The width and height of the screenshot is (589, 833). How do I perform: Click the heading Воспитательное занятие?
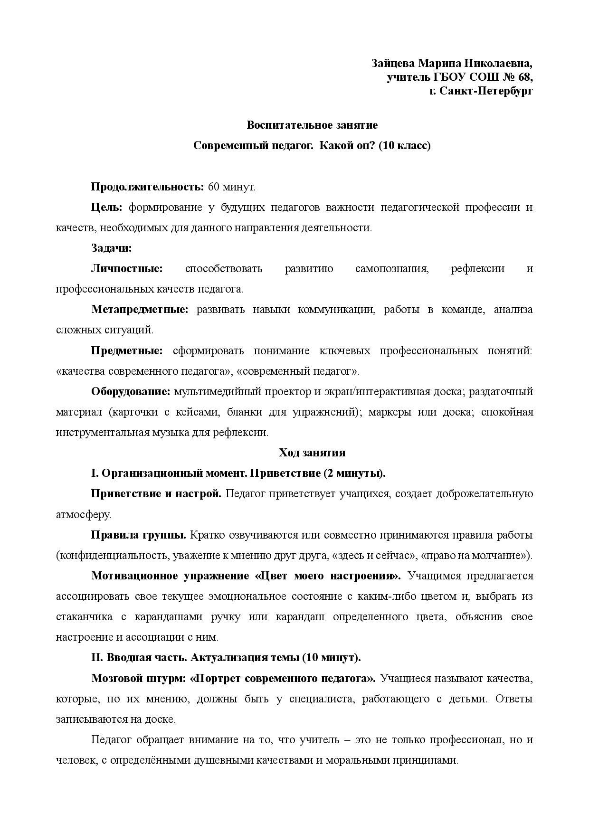(x=312, y=125)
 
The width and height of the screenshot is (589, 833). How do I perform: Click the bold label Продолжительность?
(x=147, y=187)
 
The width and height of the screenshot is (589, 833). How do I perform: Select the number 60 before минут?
(x=214, y=187)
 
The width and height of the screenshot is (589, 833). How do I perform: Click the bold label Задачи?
(x=111, y=248)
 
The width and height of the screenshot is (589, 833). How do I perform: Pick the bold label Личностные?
(x=127, y=269)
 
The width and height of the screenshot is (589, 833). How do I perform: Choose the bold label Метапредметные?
(x=140, y=310)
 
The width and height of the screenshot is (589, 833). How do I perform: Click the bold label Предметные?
(x=127, y=351)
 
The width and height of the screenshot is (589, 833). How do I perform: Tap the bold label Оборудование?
(x=131, y=392)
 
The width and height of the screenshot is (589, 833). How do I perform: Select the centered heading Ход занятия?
(x=312, y=453)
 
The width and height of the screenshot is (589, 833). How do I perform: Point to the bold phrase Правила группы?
(x=138, y=535)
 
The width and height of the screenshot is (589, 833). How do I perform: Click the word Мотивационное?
(x=133, y=576)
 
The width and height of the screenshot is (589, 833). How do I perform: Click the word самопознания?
(x=392, y=269)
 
